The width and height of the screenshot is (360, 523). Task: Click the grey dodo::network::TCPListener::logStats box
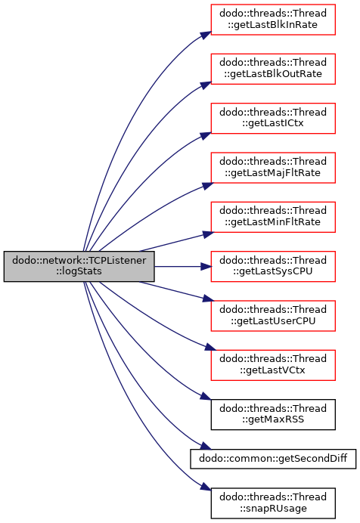(x=79, y=266)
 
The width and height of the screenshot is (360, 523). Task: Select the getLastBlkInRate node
(x=273, y=20)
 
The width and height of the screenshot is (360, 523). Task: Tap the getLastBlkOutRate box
(x=273, y=69)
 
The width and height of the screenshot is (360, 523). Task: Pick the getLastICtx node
(x=273, y=118)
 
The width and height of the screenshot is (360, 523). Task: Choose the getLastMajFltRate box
(x=273, y=168)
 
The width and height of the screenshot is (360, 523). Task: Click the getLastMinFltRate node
(x=273, y=217)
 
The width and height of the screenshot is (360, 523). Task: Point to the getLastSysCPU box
(x=273, y=266)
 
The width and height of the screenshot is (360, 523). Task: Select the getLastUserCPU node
(x=273, y=315)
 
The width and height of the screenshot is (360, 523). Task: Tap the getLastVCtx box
(x=273, y=365)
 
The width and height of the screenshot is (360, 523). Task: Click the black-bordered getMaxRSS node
(x=273, y=414)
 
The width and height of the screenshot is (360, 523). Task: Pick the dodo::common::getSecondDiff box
(x=273, y=459)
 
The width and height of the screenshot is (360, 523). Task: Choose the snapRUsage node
(x=273, y=503)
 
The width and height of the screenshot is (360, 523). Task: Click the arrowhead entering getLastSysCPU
(x=206, y=267)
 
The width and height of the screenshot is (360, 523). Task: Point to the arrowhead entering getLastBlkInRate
(x=206, y=35)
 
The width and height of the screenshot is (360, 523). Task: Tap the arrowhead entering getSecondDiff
(x=206, y=446)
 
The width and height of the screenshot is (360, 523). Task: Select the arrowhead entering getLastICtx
(x=206, y=135)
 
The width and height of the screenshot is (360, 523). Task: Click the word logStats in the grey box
(x=79, y=271)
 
